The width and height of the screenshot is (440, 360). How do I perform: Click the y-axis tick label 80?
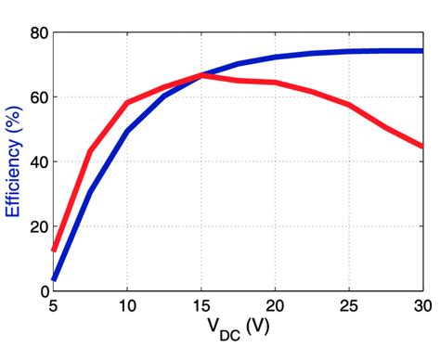pos(37,32)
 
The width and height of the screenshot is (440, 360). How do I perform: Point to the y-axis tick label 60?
pos(37,96)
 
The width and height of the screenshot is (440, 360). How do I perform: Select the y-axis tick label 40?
pos(37,161)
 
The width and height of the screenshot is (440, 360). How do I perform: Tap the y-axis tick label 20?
pos(37,226)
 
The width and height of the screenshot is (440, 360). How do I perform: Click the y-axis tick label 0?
pos(42,290)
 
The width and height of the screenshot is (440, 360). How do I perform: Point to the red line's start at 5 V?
pos(54,250)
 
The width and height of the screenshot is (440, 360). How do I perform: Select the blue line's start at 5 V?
pos(54,278)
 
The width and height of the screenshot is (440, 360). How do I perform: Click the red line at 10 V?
pos(127,103)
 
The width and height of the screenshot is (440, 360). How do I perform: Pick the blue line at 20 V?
pos(275,58)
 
